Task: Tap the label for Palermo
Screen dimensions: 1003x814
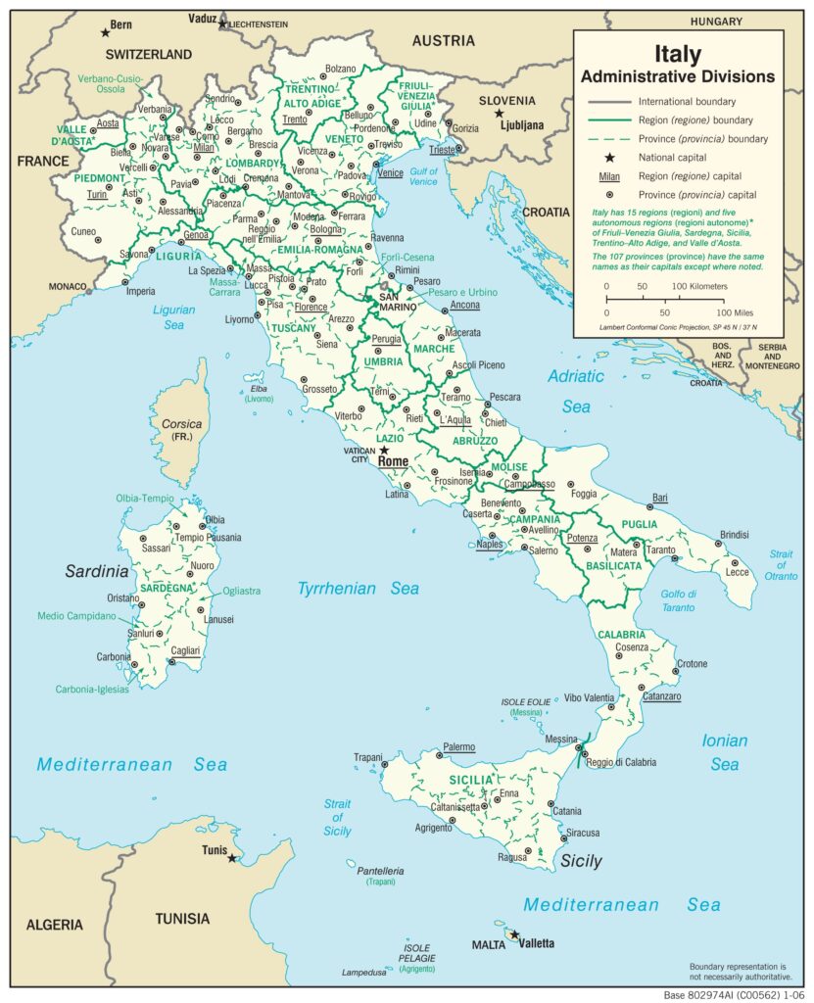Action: click(458, 747)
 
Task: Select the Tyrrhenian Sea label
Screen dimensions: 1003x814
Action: click(359, 589)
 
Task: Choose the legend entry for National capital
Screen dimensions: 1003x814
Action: click(677, 158)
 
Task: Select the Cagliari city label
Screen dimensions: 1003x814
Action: click(184, 650)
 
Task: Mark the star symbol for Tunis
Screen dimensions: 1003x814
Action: click(232, 858)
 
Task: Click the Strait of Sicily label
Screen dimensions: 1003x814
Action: click(337, 818)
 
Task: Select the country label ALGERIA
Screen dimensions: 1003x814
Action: click(55, 925)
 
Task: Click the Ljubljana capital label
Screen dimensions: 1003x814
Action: click(520, 125)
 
